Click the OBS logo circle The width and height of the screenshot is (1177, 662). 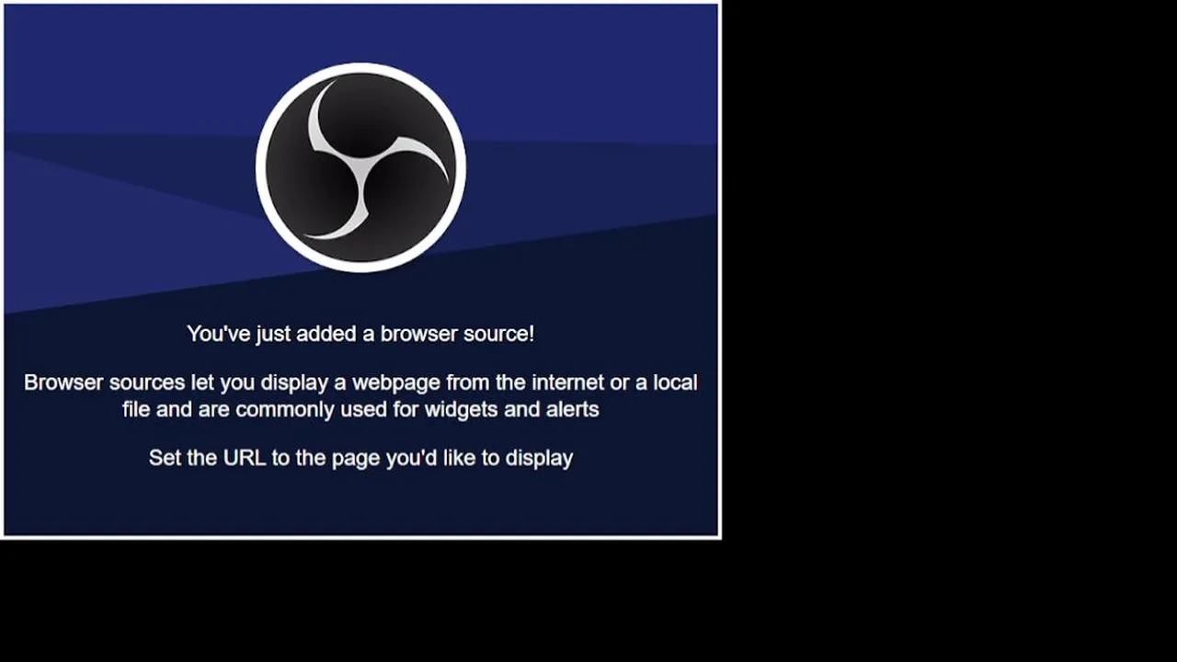[360, 167]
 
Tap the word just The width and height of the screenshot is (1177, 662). [273, 335]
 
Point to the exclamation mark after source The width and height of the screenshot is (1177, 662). [531, 334]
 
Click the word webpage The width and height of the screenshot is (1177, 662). [396, 383]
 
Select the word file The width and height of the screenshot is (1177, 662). [136, 409]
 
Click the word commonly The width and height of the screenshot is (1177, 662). [285, 410]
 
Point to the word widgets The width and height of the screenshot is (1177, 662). [461, 410]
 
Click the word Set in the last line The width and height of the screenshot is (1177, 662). [165, 458]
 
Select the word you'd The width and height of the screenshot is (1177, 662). [411, 459]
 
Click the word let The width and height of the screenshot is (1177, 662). [202, 382]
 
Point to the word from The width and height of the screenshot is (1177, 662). [468, 382]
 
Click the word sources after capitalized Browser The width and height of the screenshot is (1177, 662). [147, 382]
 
